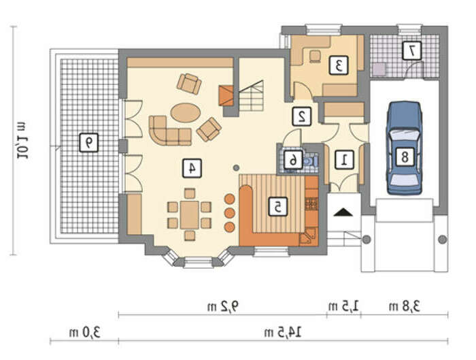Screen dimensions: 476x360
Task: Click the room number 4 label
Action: (x=192, y=168)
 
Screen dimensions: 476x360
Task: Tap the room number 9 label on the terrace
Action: (x=88, y=142)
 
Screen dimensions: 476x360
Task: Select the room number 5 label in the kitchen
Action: (x=278, y=207)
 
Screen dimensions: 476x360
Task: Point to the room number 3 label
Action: (x=339, y=65)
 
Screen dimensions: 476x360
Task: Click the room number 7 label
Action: (x=412, y=50)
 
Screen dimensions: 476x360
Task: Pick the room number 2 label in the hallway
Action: (x=302, y=116)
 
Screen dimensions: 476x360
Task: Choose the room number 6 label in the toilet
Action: (x=293, y=160)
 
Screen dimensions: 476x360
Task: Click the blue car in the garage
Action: (x=404, y=148)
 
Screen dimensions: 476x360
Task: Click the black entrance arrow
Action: (x=343, y=212)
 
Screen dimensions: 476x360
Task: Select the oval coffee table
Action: (x=186, y=113)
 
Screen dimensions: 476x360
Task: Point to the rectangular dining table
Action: (x=189, y=215)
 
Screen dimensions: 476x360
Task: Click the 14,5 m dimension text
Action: (x=283, y=332)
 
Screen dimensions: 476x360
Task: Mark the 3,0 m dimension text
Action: (x=85, y=332)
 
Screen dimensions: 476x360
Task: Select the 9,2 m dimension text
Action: (x=223, y=306)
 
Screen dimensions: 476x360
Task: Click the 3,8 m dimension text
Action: (x=405, y=306)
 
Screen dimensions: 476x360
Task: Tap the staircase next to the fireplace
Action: (x=251, y=97)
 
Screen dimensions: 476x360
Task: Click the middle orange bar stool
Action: (x=230, y=213)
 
